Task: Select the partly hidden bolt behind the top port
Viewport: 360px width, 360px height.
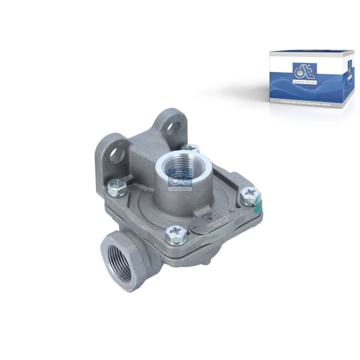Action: [191, 148]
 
